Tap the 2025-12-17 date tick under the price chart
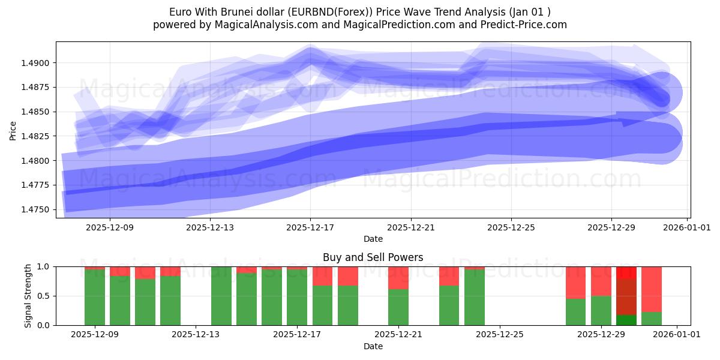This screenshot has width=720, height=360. point(310,228)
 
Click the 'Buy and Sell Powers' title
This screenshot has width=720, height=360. point(373,257)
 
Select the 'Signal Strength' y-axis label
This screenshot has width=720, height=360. point(28,296)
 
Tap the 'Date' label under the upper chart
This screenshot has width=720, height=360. point(373,239)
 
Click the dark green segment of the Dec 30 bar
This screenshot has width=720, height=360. point(626,320)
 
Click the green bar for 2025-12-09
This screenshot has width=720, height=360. point(95,298)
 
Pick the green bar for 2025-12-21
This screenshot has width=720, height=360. point(398,307)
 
